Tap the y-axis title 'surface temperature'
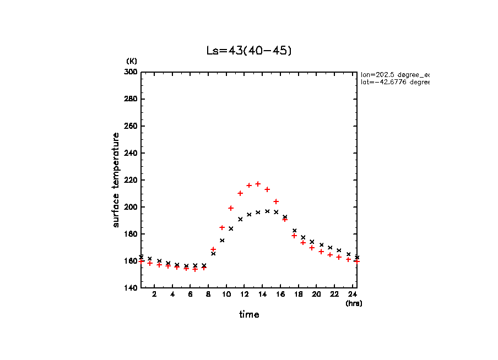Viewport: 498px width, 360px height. [116, 179]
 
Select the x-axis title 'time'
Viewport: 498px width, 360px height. [248, 314]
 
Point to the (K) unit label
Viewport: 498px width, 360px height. [132, 61]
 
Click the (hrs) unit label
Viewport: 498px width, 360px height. [354, 303]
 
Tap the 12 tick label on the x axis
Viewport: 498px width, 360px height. [244, 294]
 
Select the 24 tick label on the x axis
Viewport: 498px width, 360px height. [352, 294]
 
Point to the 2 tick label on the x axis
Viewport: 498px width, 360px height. [154, 294]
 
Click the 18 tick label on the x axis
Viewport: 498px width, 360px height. [298, 294]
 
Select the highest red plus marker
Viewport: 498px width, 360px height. [258, 184]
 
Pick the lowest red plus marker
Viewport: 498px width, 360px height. [195, 269]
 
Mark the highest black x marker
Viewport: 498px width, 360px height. [267, 211]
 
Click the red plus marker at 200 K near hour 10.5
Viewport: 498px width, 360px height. [231, 208]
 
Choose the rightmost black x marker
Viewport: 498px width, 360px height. [357, 257]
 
